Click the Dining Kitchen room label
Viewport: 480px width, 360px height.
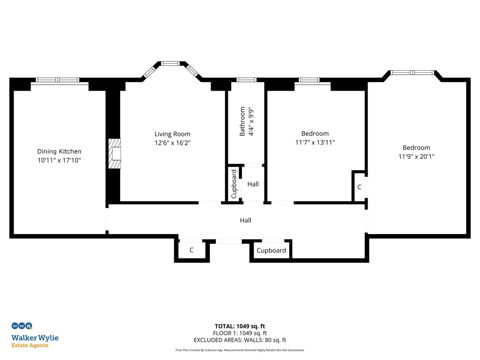[x=59, y=151]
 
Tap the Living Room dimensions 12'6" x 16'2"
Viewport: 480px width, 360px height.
[x=172, y=143]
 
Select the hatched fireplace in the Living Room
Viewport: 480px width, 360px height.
[x=115, y=153]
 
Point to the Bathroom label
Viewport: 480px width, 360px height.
[x=242, y=121]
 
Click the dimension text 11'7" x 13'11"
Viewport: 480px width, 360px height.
[x=315, y=142]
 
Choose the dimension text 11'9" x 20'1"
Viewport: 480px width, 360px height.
[x=416, y=157]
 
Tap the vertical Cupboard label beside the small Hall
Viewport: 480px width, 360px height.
[x=234, y=184]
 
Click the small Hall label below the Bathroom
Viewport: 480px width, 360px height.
[x=253, y=184]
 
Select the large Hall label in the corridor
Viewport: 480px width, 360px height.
[x=245, y=220]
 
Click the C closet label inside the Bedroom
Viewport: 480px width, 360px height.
[x=359, y=187]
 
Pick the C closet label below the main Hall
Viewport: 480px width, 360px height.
[x=191, y=250]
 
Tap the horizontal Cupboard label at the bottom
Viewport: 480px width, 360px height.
[x=271, y=251]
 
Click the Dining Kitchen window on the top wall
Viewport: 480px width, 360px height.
[x=58, y=80]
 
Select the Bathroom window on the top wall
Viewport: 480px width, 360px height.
[x=246, y=80]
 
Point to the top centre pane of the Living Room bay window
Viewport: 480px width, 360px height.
[x=170, y=63]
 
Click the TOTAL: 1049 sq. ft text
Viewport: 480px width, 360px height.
[x=240, y=326]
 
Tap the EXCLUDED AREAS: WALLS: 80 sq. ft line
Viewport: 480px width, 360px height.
[x=240, y=340]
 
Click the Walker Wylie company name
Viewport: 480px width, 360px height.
[x=35, y=338]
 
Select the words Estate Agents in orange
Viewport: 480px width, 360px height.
[x=30, y=345]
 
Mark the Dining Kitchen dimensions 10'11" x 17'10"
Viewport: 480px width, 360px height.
[x=59, y=160]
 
